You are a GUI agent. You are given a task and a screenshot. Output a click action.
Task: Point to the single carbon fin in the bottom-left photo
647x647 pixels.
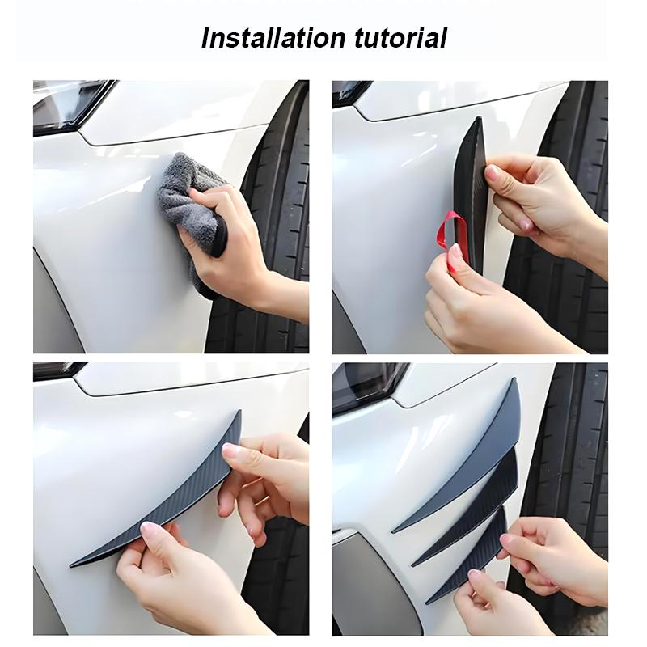coord(162,501)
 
